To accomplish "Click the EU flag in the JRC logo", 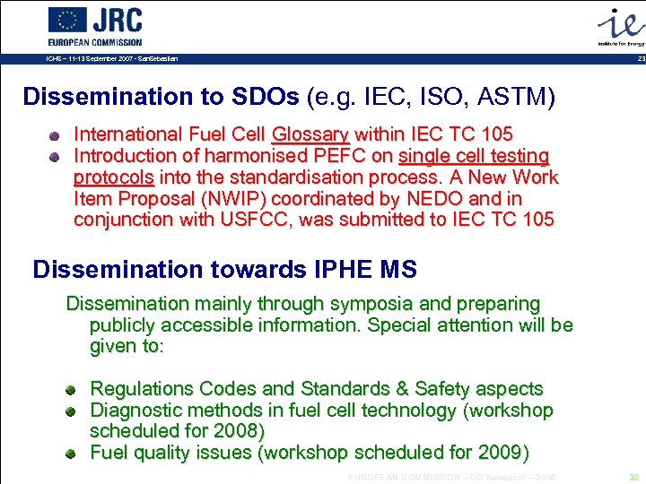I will [x=67, y=20].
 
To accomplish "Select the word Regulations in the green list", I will [x=142, y=389].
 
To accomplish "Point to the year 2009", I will [x=500, y=452].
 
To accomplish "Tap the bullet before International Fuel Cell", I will [x=56, y=136].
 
